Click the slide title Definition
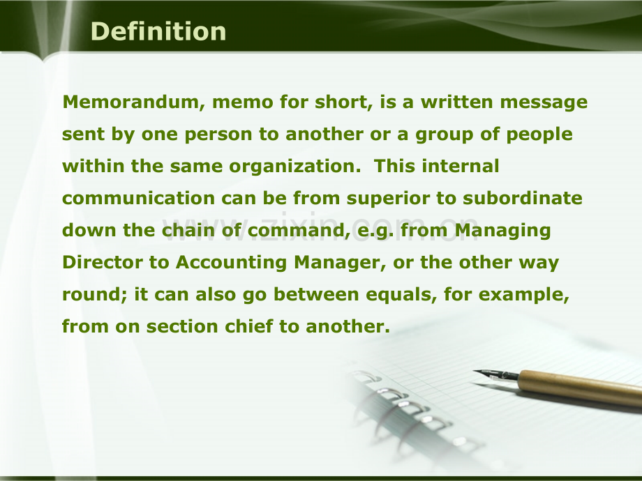(x=158, y=31)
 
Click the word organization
(x=294, y=167)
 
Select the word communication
(x=138, y=199)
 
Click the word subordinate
(x=523, y=199)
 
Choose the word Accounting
(x=232, y=263)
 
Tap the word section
(x=182, y=326)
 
